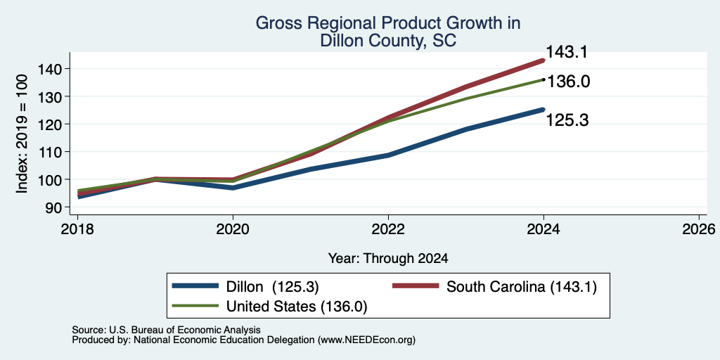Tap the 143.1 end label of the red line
pos(567,52)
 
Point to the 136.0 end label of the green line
pos(568,82)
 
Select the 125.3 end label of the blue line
pos(567,120)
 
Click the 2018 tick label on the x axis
pos(77,229)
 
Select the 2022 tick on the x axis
pos(388,229)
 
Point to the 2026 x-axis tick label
pos(699,229)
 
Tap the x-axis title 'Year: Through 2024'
pos(388,259)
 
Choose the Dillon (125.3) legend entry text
pos(272,287)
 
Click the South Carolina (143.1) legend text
pos(522,287)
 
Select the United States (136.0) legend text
pos(297,307)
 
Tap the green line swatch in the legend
pos(195,305)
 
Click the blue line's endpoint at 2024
pos(544,109)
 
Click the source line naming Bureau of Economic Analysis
pos(166,330)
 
